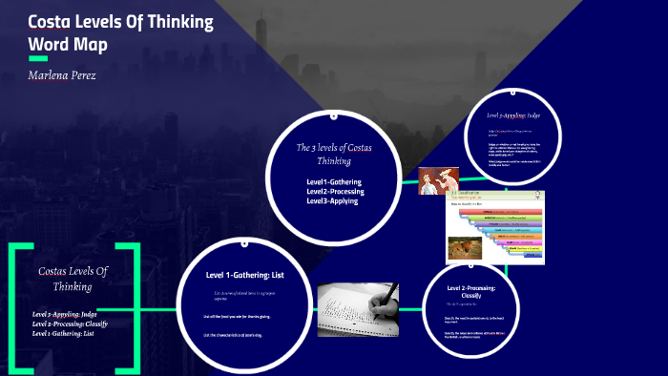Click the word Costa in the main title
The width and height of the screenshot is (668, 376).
[x=51, y=22]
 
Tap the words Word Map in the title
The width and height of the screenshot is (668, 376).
[x=68, y=44]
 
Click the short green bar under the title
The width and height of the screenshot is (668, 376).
[x=38, y=59]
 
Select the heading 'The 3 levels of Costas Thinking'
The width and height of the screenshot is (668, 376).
[x=334, y=154]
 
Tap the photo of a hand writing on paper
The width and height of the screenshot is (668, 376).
[x=358, y=309]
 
